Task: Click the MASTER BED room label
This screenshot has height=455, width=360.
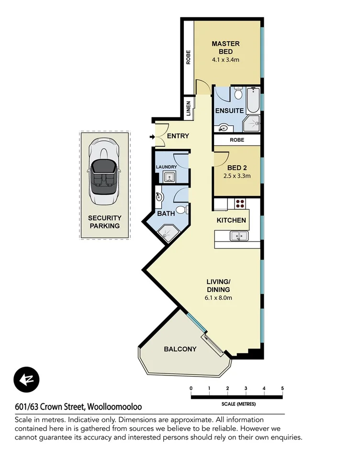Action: tap(225, 47)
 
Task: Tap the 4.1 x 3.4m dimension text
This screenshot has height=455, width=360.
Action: tap(225, 60)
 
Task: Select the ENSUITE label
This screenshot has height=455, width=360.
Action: tap(229, 111)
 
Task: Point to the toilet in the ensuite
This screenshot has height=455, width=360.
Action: tap(238, 93)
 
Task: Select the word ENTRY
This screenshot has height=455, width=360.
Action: tap(178, 136)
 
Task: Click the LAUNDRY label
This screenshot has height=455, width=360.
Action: tap(166, 167)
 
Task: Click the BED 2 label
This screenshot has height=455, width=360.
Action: tap(237, 167)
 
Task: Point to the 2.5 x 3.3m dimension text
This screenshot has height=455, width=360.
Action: tap(237, 176)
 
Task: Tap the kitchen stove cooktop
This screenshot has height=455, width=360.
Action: tap(239, 203)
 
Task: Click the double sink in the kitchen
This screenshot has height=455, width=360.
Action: tap(238, 236)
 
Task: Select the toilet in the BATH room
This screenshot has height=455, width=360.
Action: tap(180, 210)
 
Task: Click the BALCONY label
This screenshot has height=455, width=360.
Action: tap(180, 349)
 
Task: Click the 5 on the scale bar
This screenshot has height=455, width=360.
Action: tap(282, 388)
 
